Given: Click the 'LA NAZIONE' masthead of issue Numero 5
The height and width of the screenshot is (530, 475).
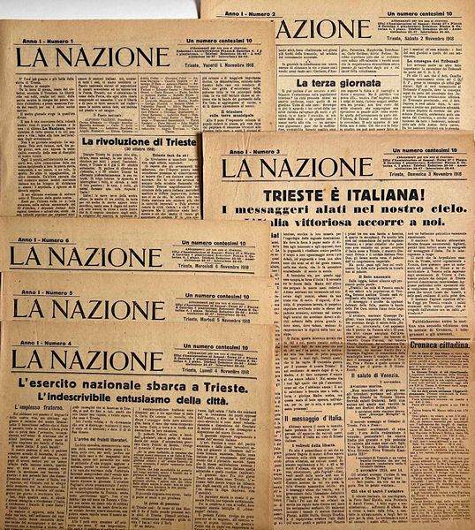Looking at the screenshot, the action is click(88, 308).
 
